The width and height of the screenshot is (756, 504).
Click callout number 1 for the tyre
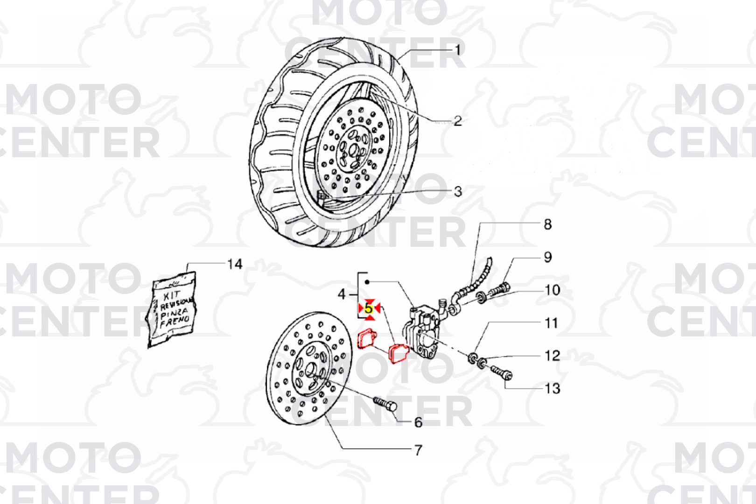458,51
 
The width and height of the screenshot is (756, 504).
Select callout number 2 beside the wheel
458,121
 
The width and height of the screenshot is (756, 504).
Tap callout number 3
458,191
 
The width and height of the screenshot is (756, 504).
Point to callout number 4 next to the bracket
342,295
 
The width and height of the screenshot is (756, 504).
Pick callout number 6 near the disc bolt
418,422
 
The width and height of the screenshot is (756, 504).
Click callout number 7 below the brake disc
418,450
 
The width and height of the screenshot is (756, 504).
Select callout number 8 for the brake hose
548,224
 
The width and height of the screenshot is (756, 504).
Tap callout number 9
548,257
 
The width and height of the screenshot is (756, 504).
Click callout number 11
552,323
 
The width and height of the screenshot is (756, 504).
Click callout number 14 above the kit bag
235,264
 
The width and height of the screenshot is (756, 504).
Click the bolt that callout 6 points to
385,403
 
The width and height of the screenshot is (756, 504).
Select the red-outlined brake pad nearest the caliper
399,353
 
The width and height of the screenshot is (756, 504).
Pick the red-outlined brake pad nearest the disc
367,339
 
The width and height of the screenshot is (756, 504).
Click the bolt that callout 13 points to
501,372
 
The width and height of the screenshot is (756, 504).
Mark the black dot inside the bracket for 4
367,282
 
